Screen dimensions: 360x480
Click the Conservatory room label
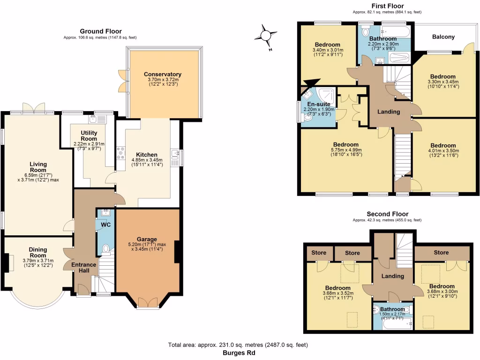click(x=163, y=74)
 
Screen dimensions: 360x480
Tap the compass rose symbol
click(x=266, y=36)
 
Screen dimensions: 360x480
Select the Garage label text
click(x=147, y=239)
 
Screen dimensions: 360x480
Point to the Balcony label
click(x=443, y=37)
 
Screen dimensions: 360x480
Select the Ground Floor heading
click(x=100, y=31)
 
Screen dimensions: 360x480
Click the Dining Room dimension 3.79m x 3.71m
click(x=38, y=261)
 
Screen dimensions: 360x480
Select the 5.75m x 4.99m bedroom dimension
click(x=345, y=150)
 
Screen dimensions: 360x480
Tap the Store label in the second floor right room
click(x=441, y=253)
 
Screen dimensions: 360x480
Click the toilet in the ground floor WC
click(x=105, y=248)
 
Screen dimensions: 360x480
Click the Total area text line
click(x=238, y=345)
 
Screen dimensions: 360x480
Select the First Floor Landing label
click(x=389, y=112)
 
